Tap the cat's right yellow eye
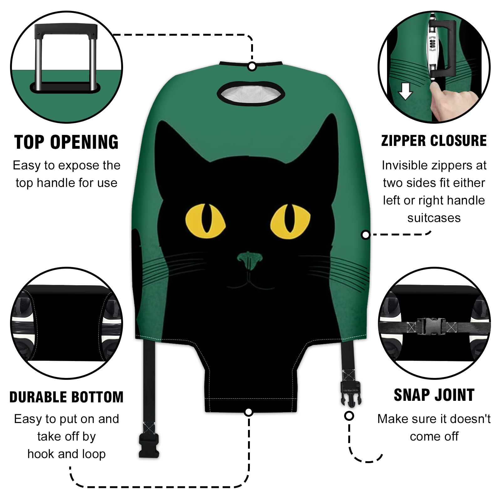click(x=291, y=221)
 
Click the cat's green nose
click(x=250, y=261)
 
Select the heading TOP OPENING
click(x=66, y=142)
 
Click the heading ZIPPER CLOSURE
click(x=434, y=141)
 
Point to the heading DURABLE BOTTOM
click(x=66, y=397)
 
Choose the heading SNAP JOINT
click(x=434, y=395)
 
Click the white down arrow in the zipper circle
click(x=405, y=91)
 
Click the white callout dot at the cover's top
click(x=252, y=67)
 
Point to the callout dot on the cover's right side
click(x=366, y=235)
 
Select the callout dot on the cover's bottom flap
click(x=249, y=412)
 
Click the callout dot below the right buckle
click(x=349, y=416)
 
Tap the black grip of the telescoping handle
click(x=66, y=29)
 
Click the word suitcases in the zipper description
click(x=434, y=218)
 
